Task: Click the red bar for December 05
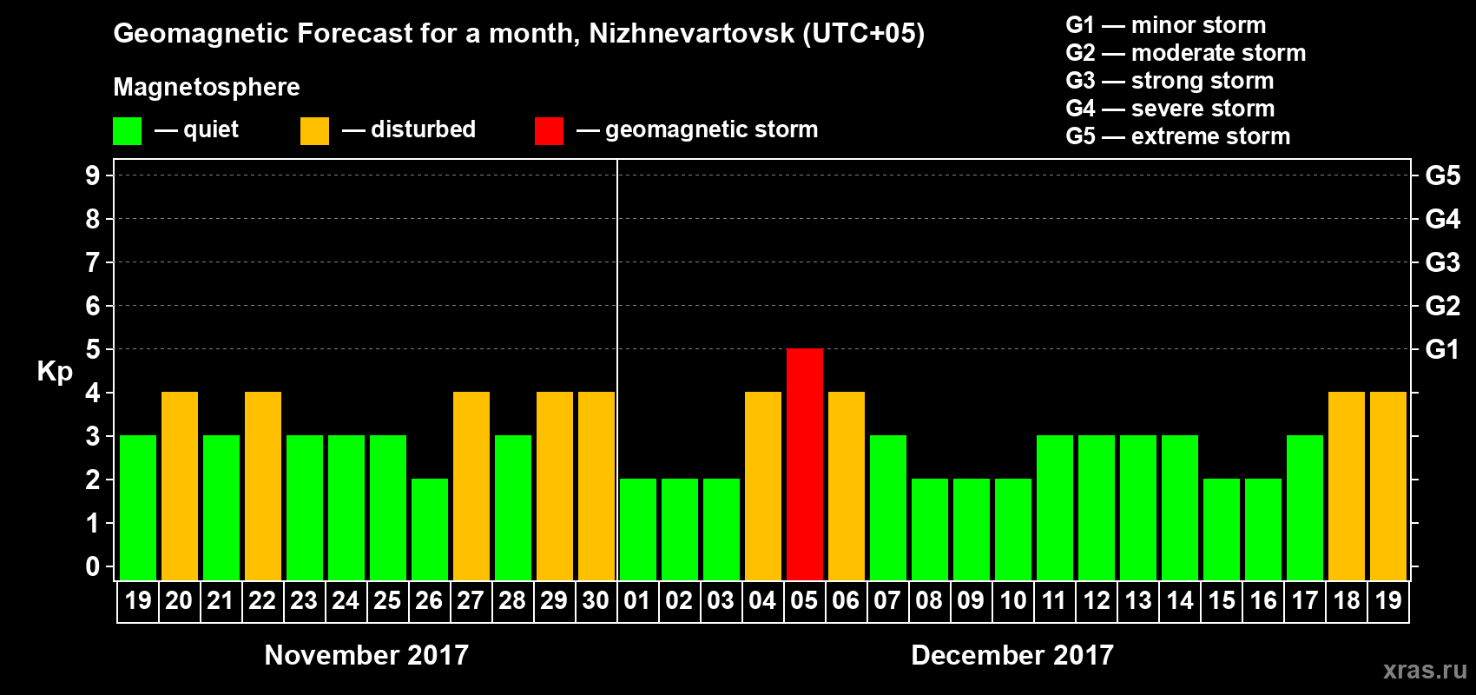coord(805,464)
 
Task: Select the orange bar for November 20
coord(180,486)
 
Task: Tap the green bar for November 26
coord(430,529)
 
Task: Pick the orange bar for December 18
coord(1347,486)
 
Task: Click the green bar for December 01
coord(638,529)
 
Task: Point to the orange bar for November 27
coord(471,486)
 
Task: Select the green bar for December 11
coord(1055,507)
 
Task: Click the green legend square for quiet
coord(128,131)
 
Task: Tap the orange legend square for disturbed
coord(314,131)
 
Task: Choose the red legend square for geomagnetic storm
coord(549,131)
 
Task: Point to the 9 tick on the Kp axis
coord(93,175)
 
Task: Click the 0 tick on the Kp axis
coord(93,566)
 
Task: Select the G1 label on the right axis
coord(1442,349)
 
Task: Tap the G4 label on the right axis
coord(1442,219)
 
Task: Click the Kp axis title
coord(55,371)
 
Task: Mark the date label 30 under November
coord(596,600)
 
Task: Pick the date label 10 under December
coord(1013,600)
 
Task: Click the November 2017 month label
coord(366,655)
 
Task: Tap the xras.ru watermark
coord(1425,670)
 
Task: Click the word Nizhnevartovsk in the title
coord(691,34)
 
